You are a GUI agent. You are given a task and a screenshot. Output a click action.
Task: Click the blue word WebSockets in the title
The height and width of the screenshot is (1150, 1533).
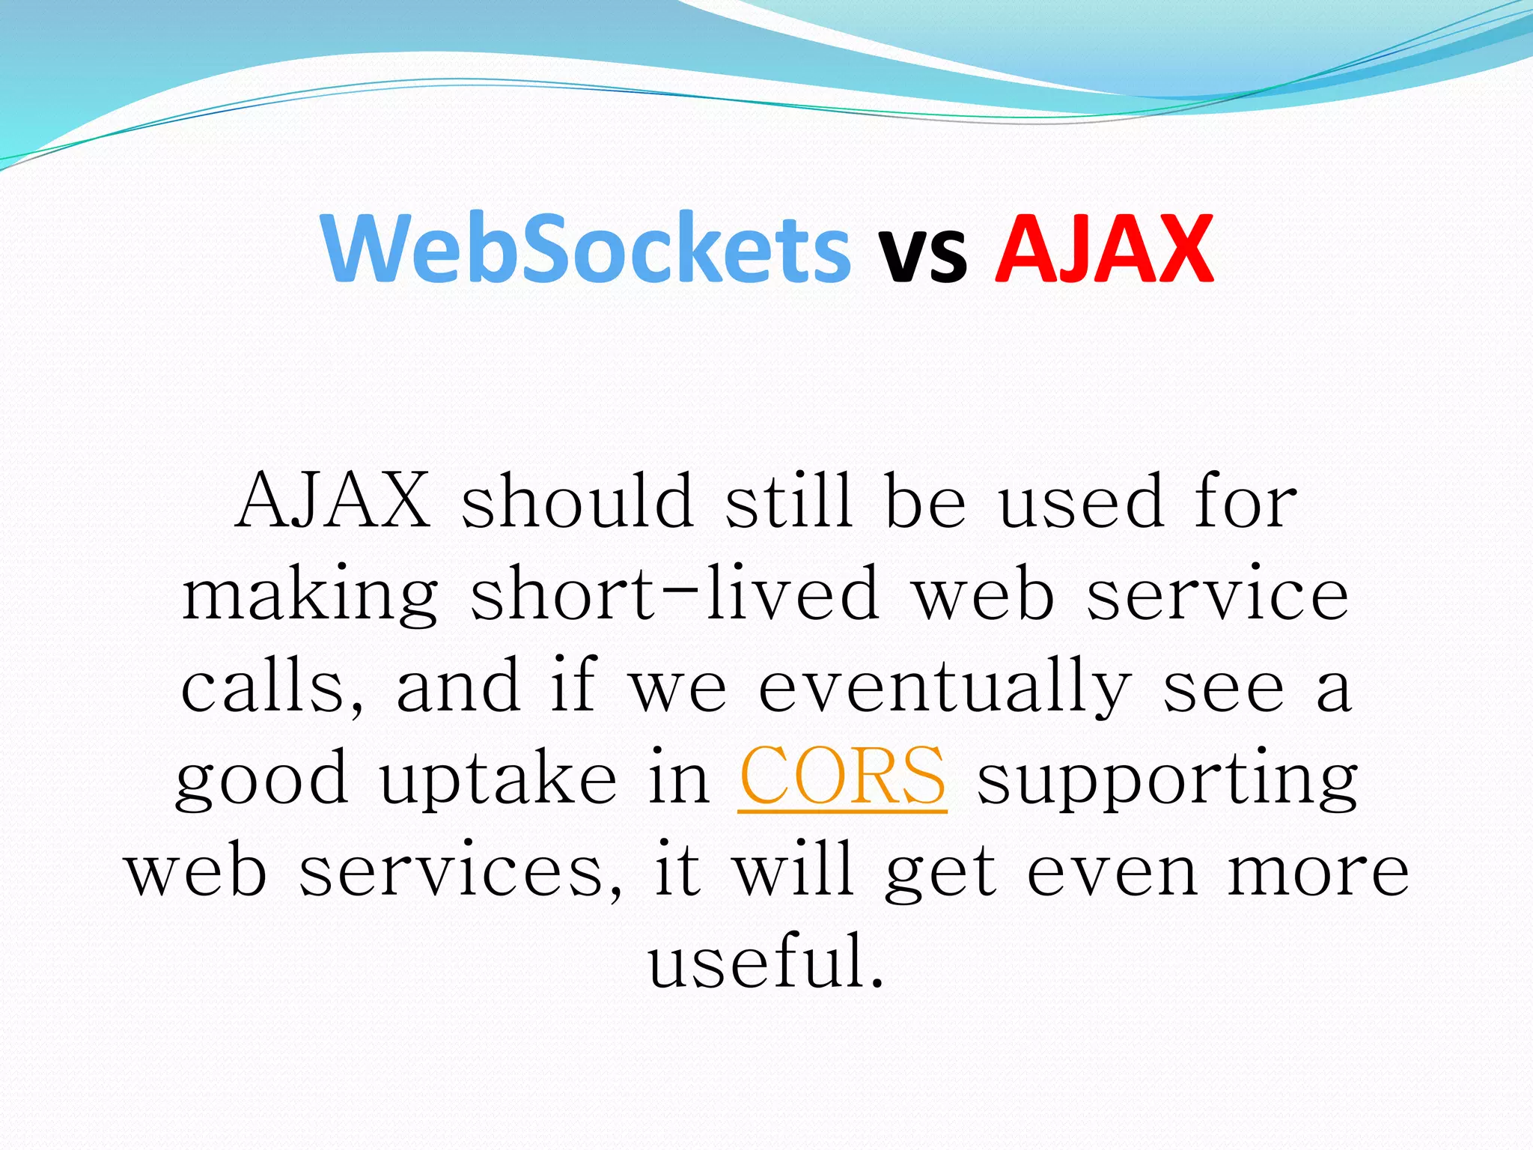click(586, 249)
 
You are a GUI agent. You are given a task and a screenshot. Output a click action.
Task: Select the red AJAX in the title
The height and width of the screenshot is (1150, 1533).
click(1104, 249)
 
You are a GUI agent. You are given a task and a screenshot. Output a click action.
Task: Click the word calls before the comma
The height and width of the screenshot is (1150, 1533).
click(269, 685)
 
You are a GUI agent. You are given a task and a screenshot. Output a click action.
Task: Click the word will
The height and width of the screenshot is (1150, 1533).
click(793, 868)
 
